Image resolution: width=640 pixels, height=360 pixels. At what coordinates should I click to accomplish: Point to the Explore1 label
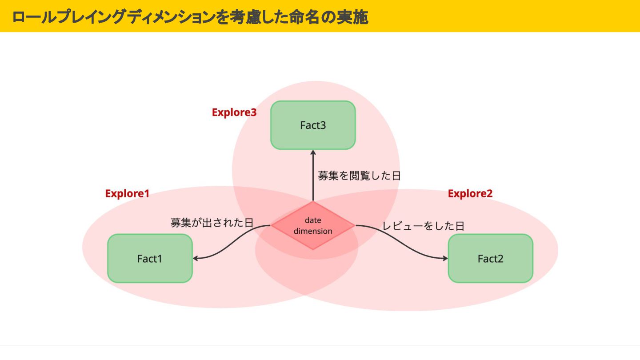point(127,193)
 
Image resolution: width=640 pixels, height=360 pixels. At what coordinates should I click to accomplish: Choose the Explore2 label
point(470,193)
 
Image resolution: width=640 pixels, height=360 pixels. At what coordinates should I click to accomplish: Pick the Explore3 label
point(234,112)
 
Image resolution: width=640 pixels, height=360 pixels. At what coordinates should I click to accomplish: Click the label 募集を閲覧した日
point(359,176)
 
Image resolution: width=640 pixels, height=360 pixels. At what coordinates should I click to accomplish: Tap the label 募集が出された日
point(212,223)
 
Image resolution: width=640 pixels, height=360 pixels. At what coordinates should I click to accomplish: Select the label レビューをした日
point(423,226)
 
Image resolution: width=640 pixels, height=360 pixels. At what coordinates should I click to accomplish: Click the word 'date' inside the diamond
point(313,220)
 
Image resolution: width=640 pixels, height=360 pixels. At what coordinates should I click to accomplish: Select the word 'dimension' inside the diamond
point(313,231)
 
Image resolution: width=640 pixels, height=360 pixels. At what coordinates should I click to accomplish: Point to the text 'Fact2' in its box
point(490,259)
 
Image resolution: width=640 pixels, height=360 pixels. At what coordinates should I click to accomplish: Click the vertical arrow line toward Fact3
point(313,182)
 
